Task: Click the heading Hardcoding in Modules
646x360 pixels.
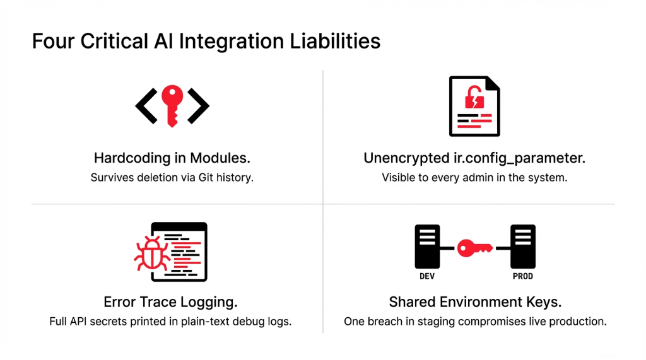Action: (x=172, y=158)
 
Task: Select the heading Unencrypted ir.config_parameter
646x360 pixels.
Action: (x=474, y=158)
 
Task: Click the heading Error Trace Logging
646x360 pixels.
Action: (x=170, y=302)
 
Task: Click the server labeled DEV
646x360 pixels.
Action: (x=427, y=247)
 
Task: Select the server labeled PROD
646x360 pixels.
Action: (x=523, y=247)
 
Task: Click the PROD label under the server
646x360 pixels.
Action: (x=523, y=276)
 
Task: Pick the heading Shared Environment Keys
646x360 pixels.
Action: (x=475, y=302)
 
